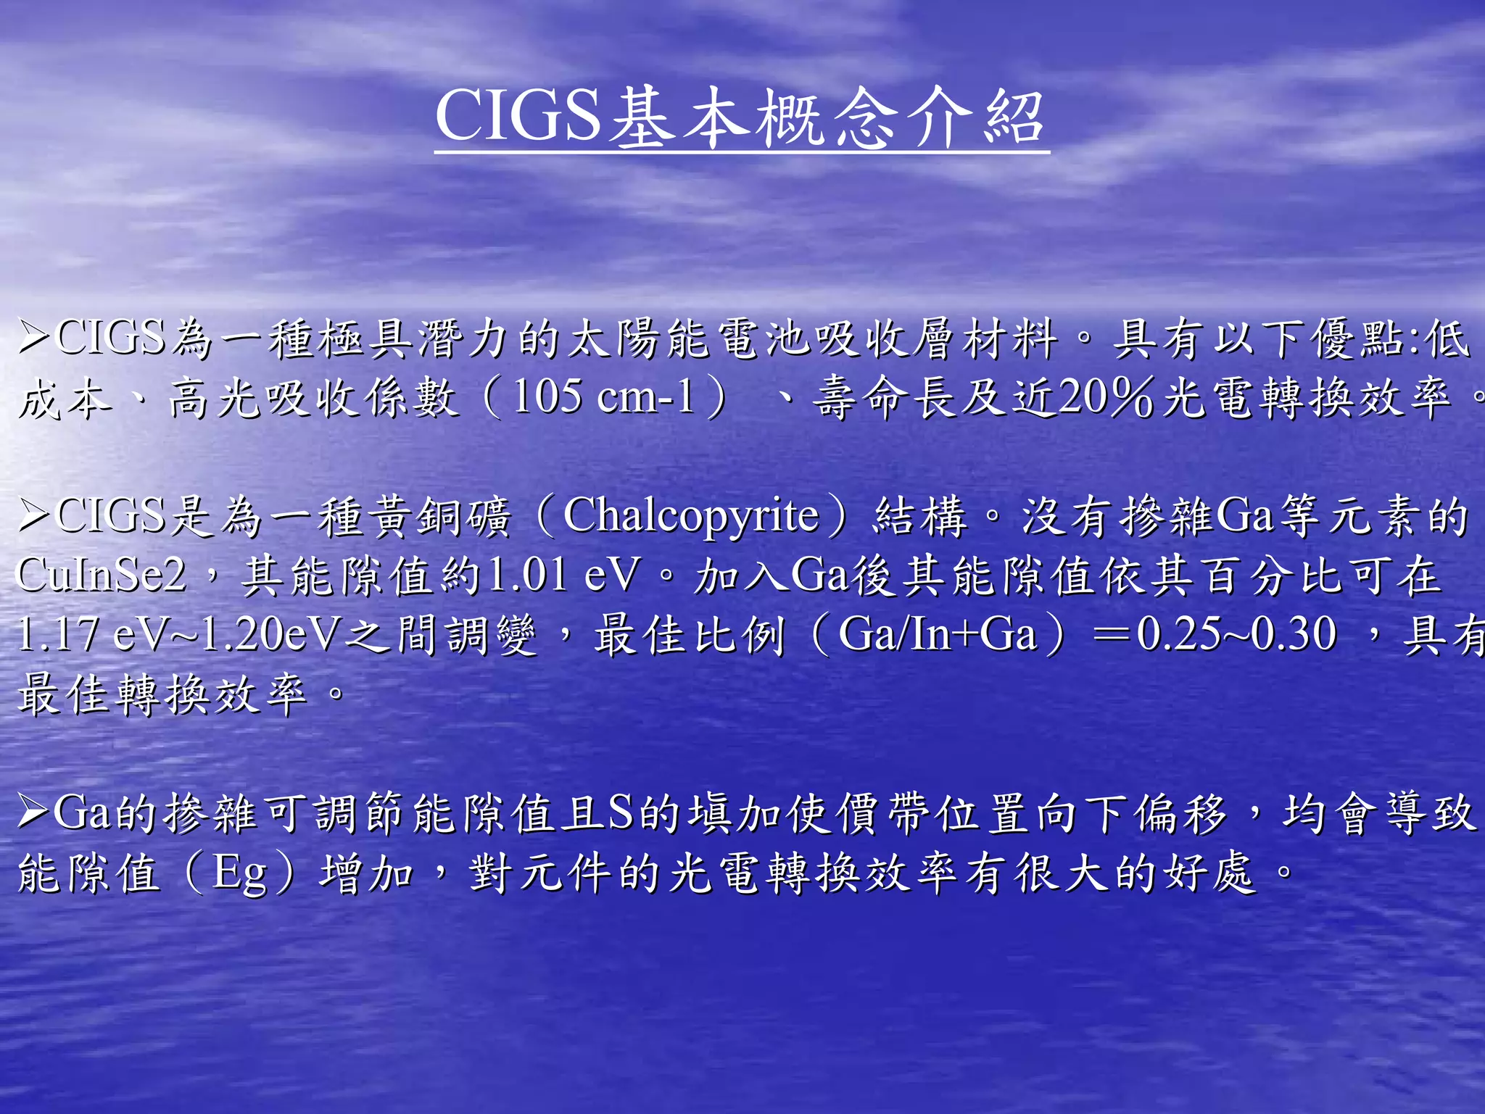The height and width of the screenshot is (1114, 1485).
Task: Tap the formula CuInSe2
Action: click(x=100, y=575)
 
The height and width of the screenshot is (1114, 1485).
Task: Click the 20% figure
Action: click(x=1105, y=398)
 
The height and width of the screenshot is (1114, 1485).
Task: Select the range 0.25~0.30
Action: click(x=1236, y=635)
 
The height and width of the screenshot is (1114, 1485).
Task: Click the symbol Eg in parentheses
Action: click(x=239, y=873)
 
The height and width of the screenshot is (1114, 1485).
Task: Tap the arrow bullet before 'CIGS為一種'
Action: click(x=33, y=338)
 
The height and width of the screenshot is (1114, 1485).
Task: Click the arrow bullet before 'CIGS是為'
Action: click(x=33, y=516)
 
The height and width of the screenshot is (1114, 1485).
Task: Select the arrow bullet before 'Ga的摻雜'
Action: click(x=33, y=812)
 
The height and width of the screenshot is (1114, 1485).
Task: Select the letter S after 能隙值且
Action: click(x=621, y=812)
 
